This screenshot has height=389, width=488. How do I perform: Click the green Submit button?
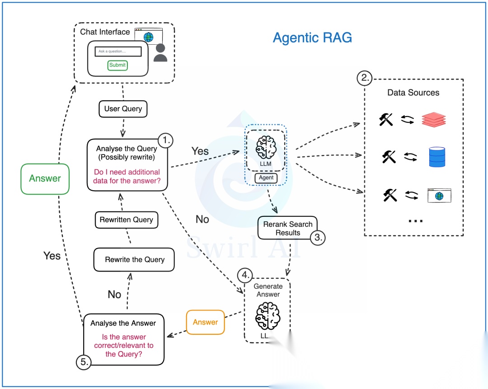[117, 65]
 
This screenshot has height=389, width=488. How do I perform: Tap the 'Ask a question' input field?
[118, 52]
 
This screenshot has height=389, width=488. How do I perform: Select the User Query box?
[123, 109]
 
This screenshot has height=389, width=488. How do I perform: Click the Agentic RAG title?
[312, 37]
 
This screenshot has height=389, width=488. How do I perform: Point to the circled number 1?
[165, 141]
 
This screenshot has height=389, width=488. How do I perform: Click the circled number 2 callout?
[365, 78]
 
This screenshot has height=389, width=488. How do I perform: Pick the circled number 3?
[318, 238]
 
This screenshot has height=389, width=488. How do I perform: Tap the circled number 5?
[84, 362]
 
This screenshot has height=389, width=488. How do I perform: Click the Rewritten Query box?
[127, 220]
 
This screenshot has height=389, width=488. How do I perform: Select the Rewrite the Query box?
[134, 259]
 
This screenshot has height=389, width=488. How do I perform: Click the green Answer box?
[45, 179]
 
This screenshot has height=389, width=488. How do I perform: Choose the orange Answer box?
[206, 322]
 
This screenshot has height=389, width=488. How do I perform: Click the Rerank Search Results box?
[288, 228]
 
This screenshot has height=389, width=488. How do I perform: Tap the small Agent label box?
[266, 178]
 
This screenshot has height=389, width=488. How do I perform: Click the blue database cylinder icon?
[437, 157]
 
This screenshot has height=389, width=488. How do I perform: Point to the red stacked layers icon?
[434, 120]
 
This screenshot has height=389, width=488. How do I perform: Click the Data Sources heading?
[413, 93]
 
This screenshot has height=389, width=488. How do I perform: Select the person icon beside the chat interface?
[160, 52]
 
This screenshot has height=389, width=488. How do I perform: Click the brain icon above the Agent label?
[266, 147]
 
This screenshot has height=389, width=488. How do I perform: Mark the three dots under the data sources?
[416, 221]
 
